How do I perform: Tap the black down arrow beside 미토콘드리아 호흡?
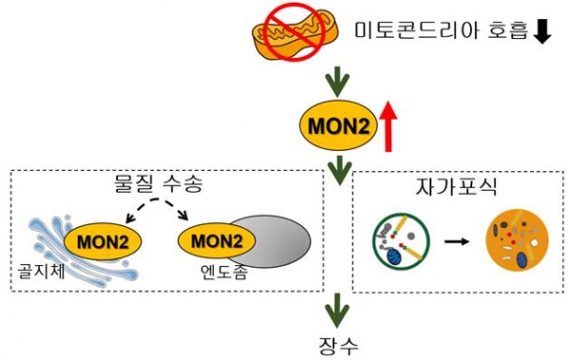pyautogui.click(x=542, y=32)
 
